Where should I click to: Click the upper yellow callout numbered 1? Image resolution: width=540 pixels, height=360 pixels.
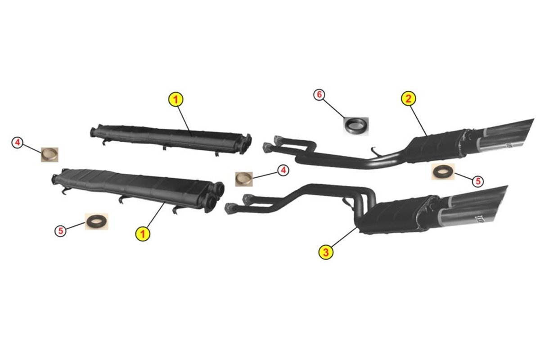[x=175, y=99]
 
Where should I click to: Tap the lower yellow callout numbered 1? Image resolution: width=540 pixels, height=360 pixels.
[x=143, y=234]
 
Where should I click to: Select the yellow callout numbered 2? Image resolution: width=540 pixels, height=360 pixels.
[x=409, y=99]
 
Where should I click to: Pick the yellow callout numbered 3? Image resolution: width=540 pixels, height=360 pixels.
[x=326, y=252]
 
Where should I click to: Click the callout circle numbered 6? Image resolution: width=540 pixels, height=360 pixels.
[x=319, y=95]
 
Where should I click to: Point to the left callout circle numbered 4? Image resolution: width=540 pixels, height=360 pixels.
[x=18, y=143]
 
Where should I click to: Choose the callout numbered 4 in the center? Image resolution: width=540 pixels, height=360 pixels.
[x=283, y=170]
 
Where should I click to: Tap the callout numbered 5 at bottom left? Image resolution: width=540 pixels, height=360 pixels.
[x=60, y=231]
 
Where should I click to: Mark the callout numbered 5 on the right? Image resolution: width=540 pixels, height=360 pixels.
[x=478, y=181]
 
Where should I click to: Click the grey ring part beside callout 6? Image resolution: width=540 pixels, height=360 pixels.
[x=356, y=126]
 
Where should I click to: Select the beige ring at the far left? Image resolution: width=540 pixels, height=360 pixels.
[x=49, y=154]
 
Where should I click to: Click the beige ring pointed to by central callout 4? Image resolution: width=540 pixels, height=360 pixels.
[x=244, y=179]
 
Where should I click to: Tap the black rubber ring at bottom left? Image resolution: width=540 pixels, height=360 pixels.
[x=96, y=221]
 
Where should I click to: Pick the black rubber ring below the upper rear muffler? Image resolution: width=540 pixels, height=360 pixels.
[x=443, y=172]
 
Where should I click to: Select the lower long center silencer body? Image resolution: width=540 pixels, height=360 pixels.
[x=137, y=189]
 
